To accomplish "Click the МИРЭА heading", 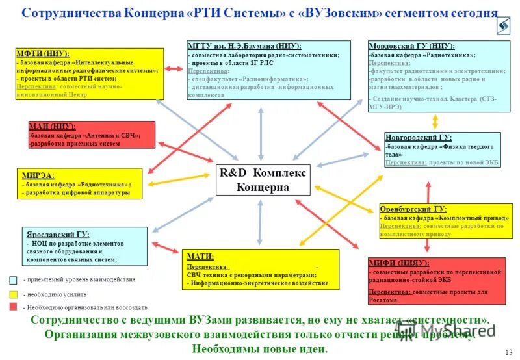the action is pyautogui.click(x=38, y=175).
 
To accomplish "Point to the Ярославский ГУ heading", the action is pyautogui.click(x=58, y=234).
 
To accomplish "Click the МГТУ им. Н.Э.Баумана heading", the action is pyautogui.click(x=244, y=46).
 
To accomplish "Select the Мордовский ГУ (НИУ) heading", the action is pyautogui.click(x=411, y=47).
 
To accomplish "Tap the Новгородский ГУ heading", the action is pyautogui.click(x=418, y=138).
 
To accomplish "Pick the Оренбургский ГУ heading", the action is pyautogui.click(x=413, y=209).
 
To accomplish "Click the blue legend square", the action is pyautogui.click(x=13, y=280).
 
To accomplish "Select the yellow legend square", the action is pyautogui.click(x=13, y=294).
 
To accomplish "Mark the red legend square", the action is pyautogui.click(x=13, y=307).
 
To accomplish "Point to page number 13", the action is pyautogui.click(x=508, y=352).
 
